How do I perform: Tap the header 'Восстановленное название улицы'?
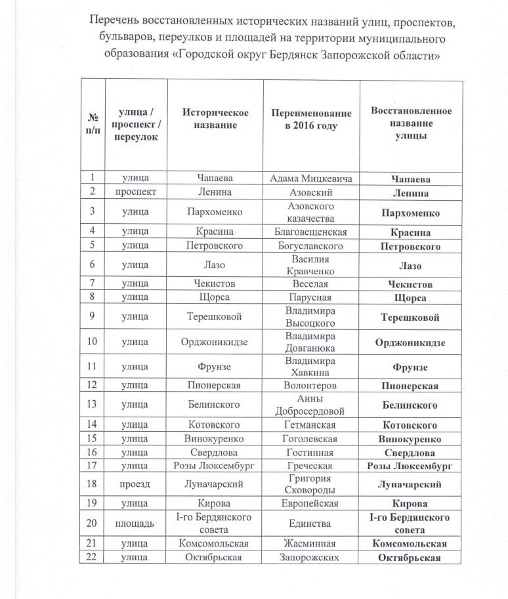click(x=411, y=123)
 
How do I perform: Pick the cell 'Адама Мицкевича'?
click(x=311, y=178)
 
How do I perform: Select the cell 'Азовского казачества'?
click(x=311, y=212)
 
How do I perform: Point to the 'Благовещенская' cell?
click(x=311, y=232)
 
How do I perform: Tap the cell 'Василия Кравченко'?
click(x=311, y=265)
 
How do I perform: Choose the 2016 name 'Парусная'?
click(x=311, y=298)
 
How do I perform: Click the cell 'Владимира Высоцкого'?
click(x=311, y=317)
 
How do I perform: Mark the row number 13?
click(x=93, y=405)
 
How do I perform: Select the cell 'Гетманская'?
click(x=311, y=425)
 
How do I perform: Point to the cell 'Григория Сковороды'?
click(x=311, y=484)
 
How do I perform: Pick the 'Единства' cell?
click(x=311, y=524)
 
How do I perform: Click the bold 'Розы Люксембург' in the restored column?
click(x=411, y=466)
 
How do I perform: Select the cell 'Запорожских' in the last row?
click(x=311, y=558)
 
